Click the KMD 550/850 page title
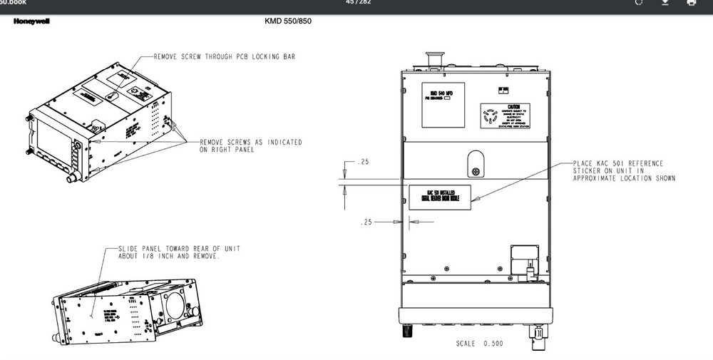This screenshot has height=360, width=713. click(287, 21)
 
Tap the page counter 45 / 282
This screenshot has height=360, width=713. click(356, 2)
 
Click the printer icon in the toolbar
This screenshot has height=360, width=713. click(691, 3)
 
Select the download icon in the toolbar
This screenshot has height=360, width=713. click(665, 3)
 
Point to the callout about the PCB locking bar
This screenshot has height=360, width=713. click(224, 56)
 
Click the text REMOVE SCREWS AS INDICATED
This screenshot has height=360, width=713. click(250, 143)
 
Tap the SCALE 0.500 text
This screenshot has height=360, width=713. click(479, 344)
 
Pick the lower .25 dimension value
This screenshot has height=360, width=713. click(368, 222)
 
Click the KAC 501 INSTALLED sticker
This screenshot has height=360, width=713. click(440, 196)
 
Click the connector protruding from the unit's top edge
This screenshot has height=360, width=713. click(431, 60)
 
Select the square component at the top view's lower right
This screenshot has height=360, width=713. click(524, 257)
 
